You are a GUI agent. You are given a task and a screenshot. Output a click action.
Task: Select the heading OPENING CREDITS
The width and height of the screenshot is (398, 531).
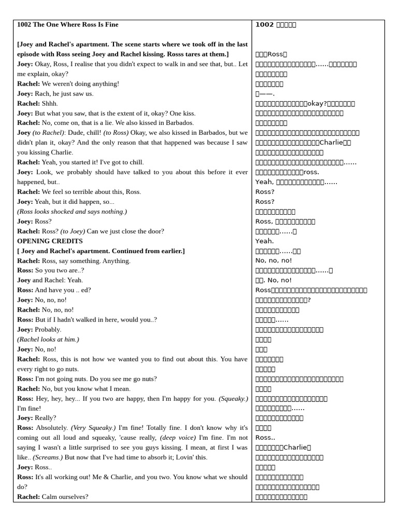(x=50, y=241)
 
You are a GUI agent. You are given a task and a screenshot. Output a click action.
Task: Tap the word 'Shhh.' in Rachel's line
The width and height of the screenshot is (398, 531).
(x=50, y=103)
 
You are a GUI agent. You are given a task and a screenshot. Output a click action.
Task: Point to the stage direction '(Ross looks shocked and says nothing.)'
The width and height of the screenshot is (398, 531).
(x=72, y=212)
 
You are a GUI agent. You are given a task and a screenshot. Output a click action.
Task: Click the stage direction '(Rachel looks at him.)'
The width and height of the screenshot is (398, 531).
(x=48, y=339)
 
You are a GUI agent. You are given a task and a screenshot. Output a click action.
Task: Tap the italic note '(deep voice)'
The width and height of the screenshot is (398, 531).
(x=178, y=438)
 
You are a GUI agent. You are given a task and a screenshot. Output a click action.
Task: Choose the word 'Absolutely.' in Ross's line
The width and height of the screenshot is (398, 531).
(x=52, y=428)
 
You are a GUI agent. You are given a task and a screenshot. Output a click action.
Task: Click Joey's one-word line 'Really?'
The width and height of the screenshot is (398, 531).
(x=46, y=418)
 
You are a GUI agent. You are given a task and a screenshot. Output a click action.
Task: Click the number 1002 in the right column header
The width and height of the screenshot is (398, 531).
(x=264, y=25)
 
